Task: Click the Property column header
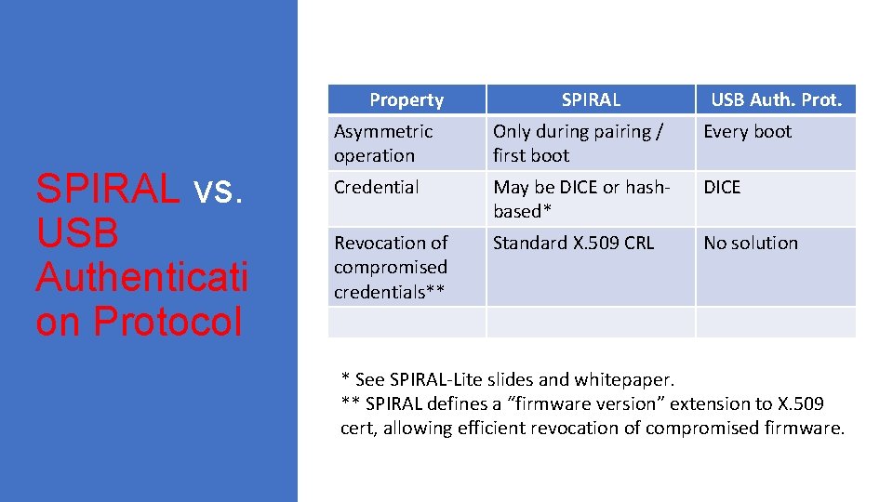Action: [x=407, y=99]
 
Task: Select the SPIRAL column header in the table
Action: [x=591, y=99]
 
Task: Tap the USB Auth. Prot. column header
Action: [x=776, y=99]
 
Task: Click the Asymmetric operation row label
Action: [x=383, y=143]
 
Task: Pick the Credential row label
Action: [x=377, y=187]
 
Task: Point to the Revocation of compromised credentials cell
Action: [x=391, y=267]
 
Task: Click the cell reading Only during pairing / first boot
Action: [x=578, y=143]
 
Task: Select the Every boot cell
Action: [x=747, y=131]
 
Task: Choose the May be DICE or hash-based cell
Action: [x=581, y=199]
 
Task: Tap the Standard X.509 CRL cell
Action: [x=573, y=243]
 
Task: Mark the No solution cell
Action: [x=751, y=243]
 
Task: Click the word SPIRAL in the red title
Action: [x=107, y=189]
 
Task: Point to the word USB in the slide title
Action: [x=77, y=233]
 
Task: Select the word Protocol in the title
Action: [x=167, y=322]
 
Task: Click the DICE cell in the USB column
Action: [x=722, y=187]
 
